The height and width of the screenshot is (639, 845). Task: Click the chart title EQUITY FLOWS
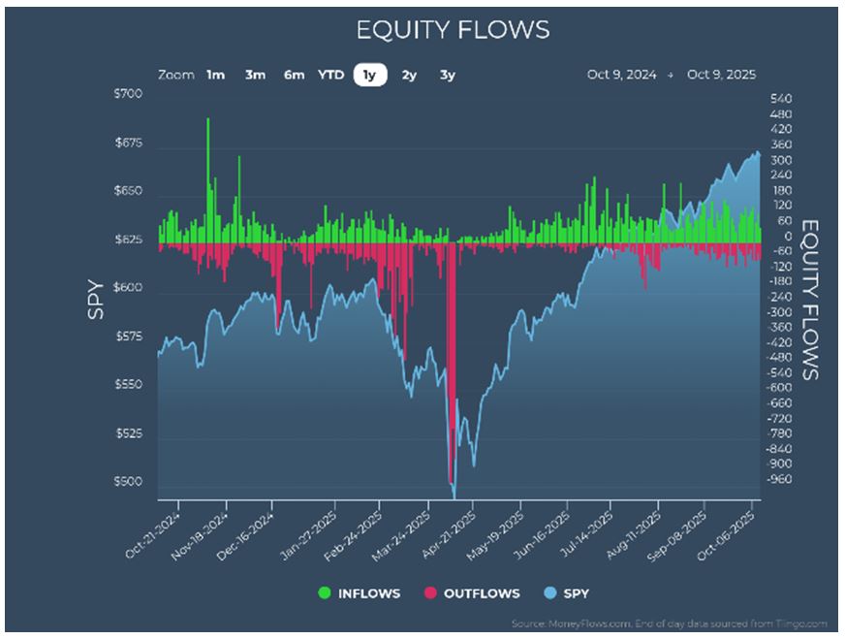click(453, 30)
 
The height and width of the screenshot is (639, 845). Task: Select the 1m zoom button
click(215, 75)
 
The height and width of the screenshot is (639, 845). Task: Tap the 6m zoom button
click(294, 75)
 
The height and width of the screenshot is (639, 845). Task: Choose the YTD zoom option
click(330, 75)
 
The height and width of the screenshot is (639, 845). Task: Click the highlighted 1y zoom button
click(369, 75)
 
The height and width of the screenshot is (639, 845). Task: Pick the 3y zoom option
click(447, 75)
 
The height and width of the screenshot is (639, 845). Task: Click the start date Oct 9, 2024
click(621, 75)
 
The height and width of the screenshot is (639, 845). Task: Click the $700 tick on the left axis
click(129, 94)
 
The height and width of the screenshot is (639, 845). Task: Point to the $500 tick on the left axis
click(129, 482)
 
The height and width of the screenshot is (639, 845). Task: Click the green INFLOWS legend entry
click(358, 593)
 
